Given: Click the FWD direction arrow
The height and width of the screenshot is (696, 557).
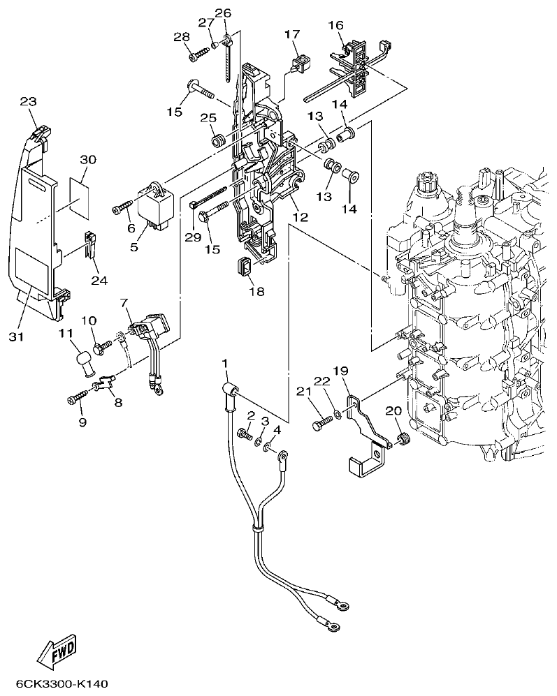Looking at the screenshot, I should point(58,651).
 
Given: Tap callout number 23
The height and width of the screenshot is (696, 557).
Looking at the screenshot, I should point(28,101).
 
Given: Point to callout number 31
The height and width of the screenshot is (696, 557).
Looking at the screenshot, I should point(17,337).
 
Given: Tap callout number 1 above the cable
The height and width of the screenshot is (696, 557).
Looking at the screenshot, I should point(226,363).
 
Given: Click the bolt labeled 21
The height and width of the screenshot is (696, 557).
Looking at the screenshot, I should point(321,422).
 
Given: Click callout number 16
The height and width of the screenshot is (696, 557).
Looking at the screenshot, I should point(336,26).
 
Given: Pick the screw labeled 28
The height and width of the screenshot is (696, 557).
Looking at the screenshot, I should point(197,50).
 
